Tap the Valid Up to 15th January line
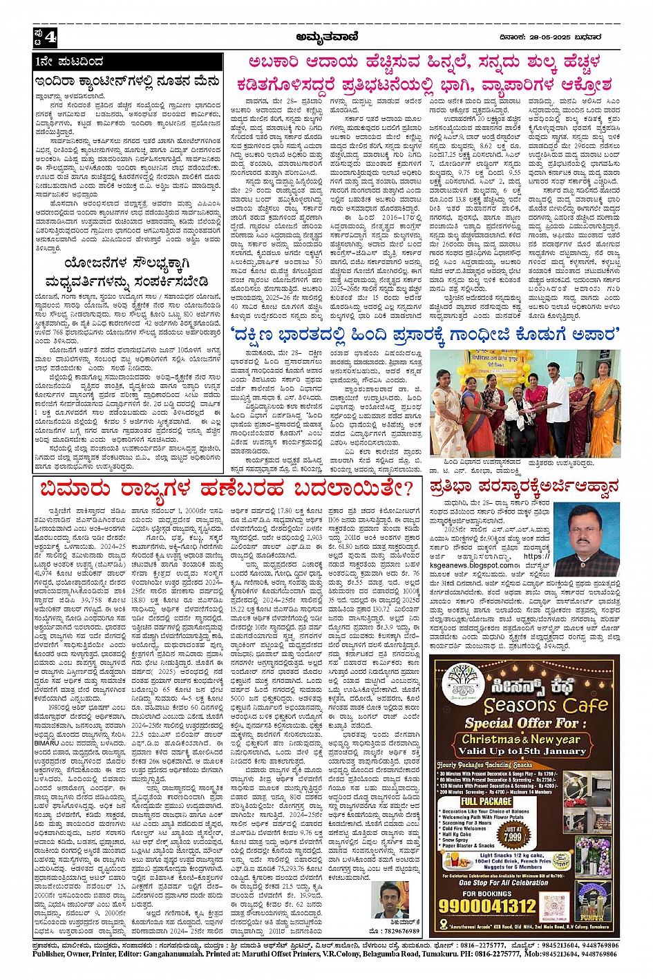tap(531, 751)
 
